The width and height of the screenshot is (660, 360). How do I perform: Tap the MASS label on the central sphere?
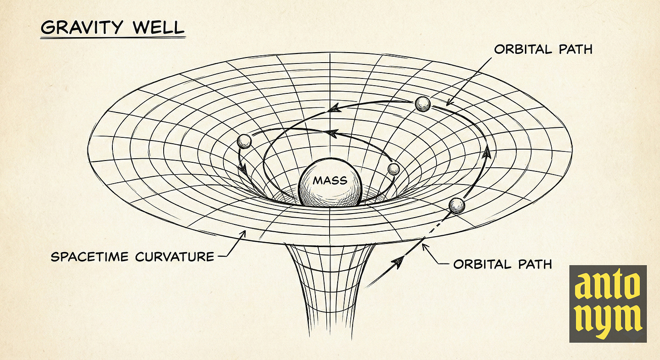pyautogui.click(x=330, y=180)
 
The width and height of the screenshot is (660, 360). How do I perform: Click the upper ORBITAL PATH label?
pyautogui.click(x=543, y=49)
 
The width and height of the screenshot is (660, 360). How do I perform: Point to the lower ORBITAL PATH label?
pyautogui.click(x=503, y=263)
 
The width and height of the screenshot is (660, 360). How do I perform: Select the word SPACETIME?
pyautogui.click(x=90, y=257)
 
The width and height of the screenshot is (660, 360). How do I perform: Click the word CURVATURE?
pyautogui.click(x=175, y=257)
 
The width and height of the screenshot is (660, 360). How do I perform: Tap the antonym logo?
pyautogui.click(x=608, y=303)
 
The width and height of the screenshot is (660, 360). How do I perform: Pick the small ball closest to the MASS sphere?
pyautogui.click(x=393, y=169)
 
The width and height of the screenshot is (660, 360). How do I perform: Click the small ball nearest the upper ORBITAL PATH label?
pyautogui.click(x=422, y=104)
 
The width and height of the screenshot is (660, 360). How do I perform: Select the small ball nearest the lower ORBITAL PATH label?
pyautogui.click(x=456, y=206)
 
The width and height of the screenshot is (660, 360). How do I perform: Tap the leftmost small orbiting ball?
pyautogui.click(x=244, y=141)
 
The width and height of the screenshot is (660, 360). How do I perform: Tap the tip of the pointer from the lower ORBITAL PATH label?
pyautogui.click(x=422, y=245)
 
